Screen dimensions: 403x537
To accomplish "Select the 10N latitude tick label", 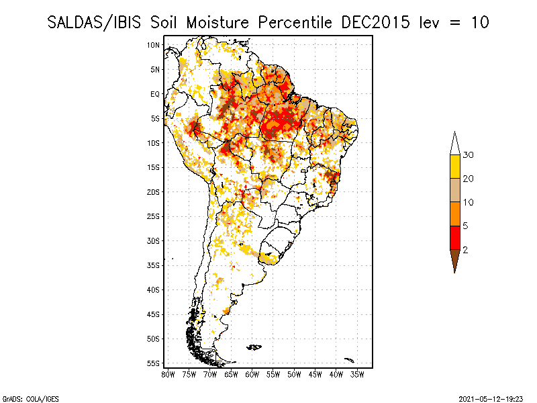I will click(x=154, y=45).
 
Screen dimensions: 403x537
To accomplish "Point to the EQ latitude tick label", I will click(x=155, y=94).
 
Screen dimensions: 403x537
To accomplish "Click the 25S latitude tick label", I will click(x=154, y=216).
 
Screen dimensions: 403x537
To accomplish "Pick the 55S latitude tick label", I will click(x=154, y=363).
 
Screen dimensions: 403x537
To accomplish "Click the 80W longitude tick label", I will click(x=168, y=373).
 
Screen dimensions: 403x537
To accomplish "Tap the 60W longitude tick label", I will click(x=252, y=373).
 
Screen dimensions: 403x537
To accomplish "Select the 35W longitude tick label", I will click(x=357, y=373).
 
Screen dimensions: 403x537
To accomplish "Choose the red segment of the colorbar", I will click(x=455, y=237).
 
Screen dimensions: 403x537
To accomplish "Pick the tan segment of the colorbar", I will click(x=455, y=190).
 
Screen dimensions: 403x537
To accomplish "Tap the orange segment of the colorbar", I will click(x=455, y=214).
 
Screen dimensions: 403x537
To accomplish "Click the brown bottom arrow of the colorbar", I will click(x=455, y=259).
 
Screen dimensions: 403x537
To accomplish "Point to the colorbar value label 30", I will click(x=469, y=155).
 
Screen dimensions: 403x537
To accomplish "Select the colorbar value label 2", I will click(x=466, y=249).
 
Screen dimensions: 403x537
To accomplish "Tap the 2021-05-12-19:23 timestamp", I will click(x=491, y=398).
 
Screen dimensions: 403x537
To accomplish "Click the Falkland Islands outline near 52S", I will click(x=254, y=347).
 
